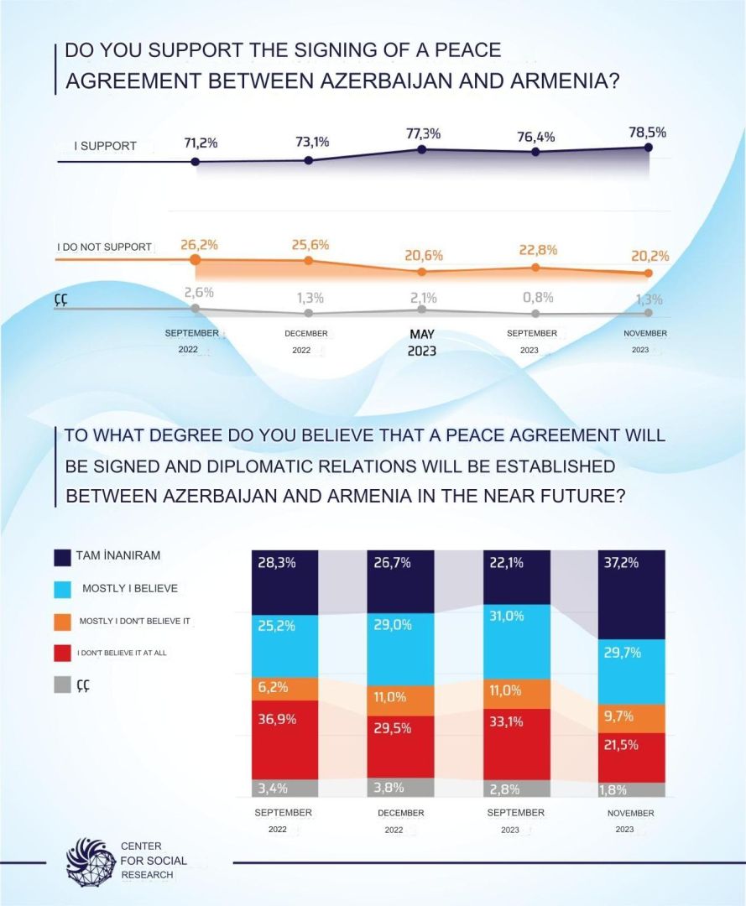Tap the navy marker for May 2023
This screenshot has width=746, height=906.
tap(422, 149)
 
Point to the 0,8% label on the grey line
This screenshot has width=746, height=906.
tap(537, 297)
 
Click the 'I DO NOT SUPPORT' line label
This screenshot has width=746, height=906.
tap(104, 247)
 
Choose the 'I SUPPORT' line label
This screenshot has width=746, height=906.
tap(105, 146)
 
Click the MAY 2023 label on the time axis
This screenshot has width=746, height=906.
tap(422, 342)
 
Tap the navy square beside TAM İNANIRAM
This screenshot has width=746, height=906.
tap(62, 557)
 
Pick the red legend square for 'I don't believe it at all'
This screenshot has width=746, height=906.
tap(62, 652)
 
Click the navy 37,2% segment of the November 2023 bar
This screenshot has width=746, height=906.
tap(631, 596)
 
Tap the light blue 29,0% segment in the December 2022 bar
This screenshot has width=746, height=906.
tap(400, 650)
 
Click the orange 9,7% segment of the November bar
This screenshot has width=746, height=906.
tap(631, 718)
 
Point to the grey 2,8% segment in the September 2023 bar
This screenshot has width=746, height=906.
tap(516, 789)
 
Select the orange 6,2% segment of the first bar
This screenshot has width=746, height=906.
tap(285, 689)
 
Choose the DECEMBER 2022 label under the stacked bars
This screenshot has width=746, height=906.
tap(400, 820)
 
